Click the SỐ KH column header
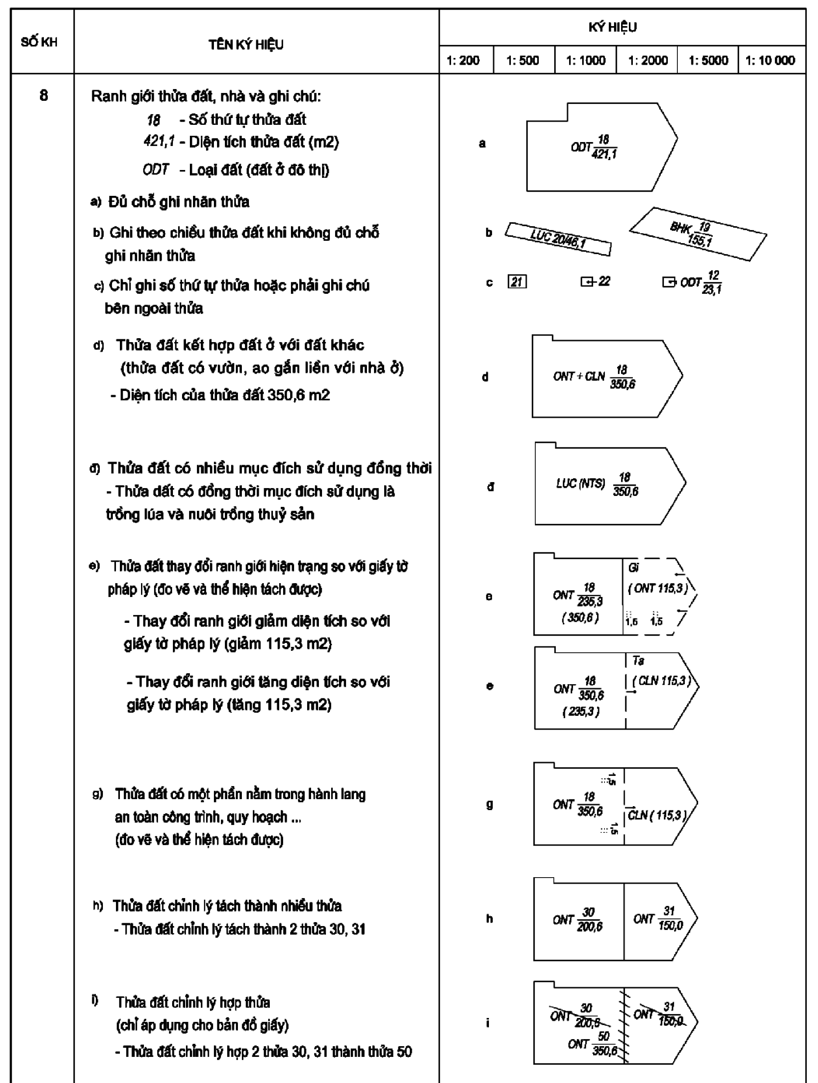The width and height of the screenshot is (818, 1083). coord(39,42)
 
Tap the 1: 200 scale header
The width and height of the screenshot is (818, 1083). coord(463,60)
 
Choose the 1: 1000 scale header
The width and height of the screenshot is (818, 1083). coord(586,60)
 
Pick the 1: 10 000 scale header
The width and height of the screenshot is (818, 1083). coord(770,60)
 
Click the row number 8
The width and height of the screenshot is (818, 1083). coord(44,95)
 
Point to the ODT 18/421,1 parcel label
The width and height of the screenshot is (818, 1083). coord(594,147)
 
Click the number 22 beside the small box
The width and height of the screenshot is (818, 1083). coord(604,281)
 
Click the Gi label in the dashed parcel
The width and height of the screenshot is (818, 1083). coord(633,567)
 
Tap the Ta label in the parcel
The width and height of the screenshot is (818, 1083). coord(638,660)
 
